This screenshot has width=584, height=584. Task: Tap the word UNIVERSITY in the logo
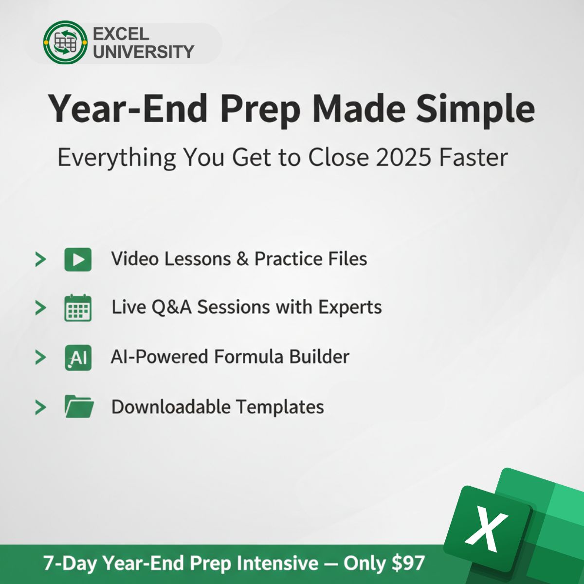143,52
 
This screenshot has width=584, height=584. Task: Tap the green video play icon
78,259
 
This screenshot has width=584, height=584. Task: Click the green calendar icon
78,308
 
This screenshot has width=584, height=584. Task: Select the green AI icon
78,358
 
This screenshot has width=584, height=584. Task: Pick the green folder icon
79,407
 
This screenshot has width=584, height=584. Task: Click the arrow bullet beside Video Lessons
40,259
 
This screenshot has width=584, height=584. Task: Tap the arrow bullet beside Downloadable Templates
40,407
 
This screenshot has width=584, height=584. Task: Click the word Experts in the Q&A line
350,307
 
